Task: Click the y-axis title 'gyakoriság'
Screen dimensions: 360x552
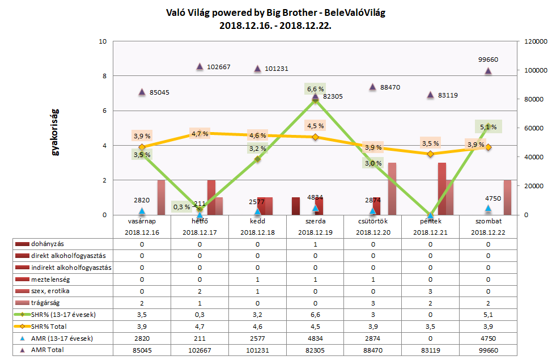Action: [56, 129]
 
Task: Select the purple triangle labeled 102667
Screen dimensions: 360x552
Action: [200, 66]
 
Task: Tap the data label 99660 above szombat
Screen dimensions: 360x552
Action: [488, 60]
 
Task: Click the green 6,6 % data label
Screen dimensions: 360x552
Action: [315, 89]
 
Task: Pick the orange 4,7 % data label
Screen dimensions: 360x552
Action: [199, 134]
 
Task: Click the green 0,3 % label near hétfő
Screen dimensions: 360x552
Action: [180, 206]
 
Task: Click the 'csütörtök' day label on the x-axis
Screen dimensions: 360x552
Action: [372, 221]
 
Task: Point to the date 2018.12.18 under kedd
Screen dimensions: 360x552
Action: [257, 232]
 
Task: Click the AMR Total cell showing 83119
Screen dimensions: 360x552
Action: [430, 350]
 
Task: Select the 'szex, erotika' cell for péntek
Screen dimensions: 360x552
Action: [430, 291]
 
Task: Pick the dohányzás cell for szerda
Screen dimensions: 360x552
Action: [315, 244]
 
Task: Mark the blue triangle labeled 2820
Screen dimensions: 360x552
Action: [142, 211]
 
